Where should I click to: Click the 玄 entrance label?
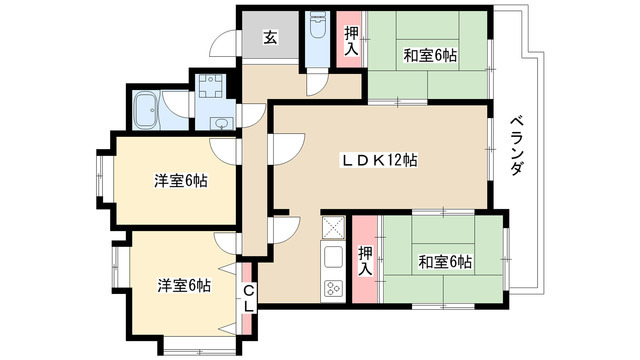[x=270, y=39]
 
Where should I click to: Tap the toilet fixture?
[x=319, y=26]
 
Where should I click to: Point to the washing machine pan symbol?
[x=211, y=85]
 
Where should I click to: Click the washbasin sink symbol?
[x=220, y=124]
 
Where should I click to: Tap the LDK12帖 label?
[x=381, y=161]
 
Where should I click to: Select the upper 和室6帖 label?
[x=430, y=55]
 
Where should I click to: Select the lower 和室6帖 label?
[x=445, y=262]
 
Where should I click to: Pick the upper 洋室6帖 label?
[x=181, y=182]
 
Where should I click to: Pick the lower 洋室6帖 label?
[x=183, y=285]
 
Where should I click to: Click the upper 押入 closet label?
[x=351, y=39]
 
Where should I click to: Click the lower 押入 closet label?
[x=365, y=261]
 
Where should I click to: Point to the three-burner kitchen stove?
[x=332, y=289]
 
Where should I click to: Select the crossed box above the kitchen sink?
[x=333, y=228]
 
